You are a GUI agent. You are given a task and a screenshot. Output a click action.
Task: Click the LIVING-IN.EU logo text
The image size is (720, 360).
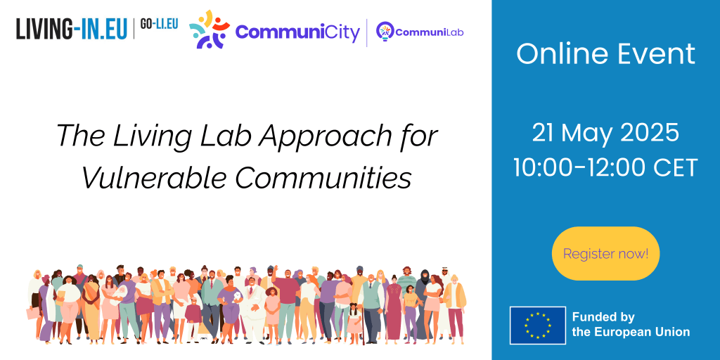pos(72,29)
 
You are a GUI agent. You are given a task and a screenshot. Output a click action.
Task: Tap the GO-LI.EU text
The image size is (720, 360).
pos(158,24)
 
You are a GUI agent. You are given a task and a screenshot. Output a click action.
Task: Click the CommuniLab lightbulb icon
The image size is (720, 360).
pos(384,31)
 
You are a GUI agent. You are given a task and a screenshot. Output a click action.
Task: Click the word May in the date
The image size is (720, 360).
pos(589,132)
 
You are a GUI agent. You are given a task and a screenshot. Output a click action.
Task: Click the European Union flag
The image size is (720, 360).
pos(538,326)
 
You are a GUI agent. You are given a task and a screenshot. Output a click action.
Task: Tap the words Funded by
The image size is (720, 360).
pos(603,318)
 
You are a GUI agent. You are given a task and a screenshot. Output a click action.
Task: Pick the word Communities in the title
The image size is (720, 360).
pos(323,177)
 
